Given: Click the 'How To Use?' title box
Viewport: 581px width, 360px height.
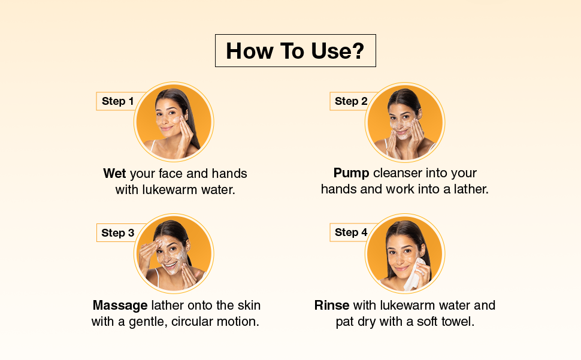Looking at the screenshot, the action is click(x=295, y=51).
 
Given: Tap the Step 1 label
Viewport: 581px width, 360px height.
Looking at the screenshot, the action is click(x=117, y=101).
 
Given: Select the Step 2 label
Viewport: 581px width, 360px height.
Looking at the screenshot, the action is click(x=351, y=101).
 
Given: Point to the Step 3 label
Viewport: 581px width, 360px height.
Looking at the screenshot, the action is click(x=118, y=233).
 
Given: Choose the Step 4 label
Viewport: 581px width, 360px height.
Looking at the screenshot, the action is click(x=351, y=232).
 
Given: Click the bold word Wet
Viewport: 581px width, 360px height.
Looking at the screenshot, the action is click(x=114, y=173).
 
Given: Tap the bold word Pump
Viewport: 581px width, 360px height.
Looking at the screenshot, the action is click(x=351, y=173).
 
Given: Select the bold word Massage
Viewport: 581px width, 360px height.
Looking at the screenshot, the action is click(x=120, y=305).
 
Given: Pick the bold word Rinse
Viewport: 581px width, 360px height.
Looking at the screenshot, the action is click(x=332, y=305).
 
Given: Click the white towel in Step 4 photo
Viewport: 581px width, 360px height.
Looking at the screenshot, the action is click(x=414, y=275).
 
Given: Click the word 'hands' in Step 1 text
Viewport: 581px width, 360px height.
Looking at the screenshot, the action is click(x=229, y=173).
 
